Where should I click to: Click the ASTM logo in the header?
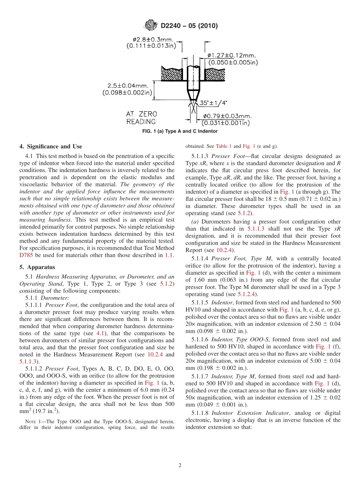(x=152, y=26)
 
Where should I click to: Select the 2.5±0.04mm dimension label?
(x=128, y=89)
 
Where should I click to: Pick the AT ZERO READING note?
(x=141, y=117)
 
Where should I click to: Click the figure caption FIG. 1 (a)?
(x=180, y=131)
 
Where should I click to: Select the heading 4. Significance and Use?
(x=50, y=146)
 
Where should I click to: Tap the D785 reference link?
(x=26, y=255)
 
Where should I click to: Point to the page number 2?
(x=180, y=465)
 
